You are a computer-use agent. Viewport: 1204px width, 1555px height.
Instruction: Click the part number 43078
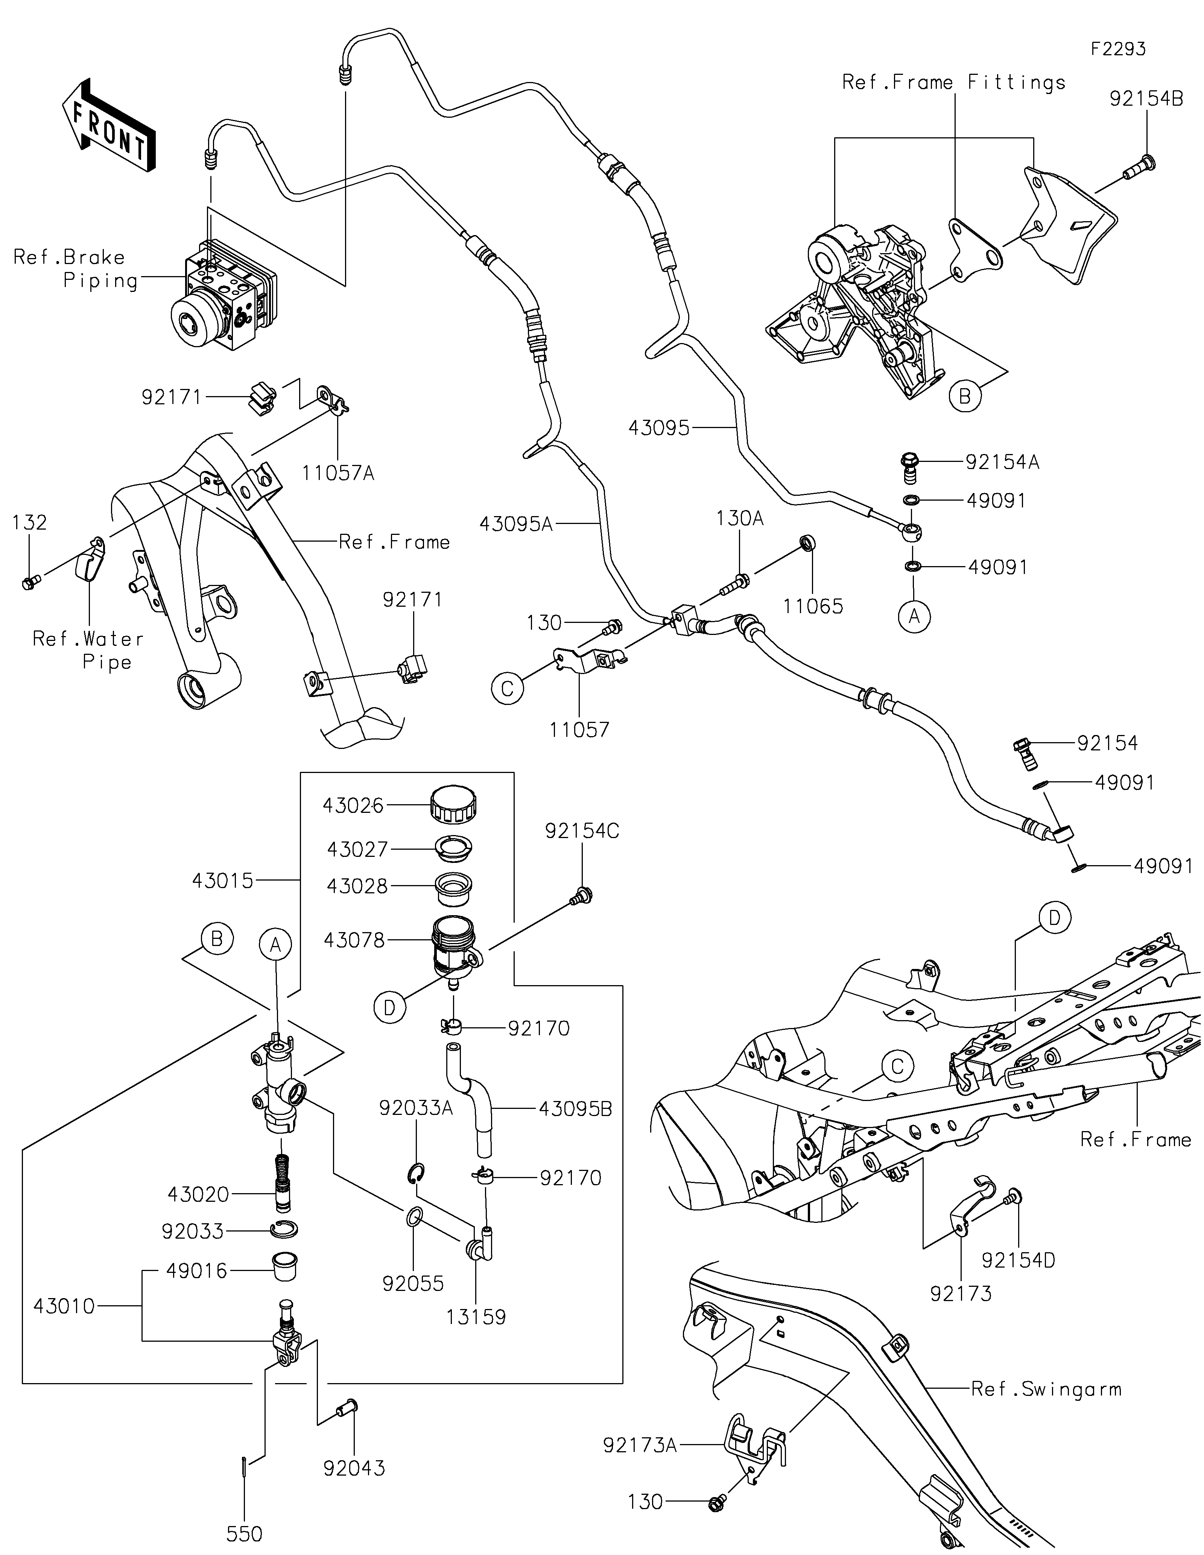coord(354,940)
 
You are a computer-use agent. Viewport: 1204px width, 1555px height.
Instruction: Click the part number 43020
coord(199,1194)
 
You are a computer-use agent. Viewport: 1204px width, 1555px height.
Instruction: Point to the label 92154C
coord(582,831)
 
